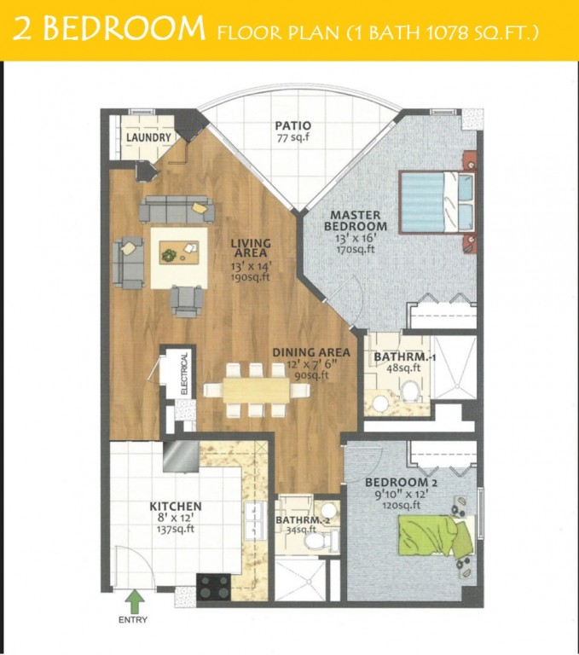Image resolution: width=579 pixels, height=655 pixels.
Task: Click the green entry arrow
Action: pos(136,602)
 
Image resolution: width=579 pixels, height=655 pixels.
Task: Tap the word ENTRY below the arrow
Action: pos(133,620)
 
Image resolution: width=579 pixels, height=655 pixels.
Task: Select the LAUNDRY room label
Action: pos(148,137)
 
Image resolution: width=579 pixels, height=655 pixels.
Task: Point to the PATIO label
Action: pos(292,125)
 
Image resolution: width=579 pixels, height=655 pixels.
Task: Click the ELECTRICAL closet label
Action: pos(184,374)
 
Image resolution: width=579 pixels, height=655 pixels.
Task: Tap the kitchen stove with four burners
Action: pos(213,587)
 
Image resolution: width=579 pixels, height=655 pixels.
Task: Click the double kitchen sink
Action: pos(255,520)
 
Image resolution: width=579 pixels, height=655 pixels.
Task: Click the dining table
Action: pos(257,390)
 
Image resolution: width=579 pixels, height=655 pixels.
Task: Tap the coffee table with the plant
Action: pos(179,252)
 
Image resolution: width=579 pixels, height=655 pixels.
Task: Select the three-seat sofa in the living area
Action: pos(177,209)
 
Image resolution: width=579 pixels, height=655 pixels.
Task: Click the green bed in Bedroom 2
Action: pos(436,536)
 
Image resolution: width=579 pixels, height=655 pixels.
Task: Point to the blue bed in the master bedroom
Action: pos(437,201)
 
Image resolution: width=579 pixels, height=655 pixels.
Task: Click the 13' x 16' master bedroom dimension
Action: pos(356,239)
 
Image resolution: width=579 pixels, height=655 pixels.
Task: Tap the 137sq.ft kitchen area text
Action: pos(176,529)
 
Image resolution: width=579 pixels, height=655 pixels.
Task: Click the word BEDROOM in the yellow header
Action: pos(124,28)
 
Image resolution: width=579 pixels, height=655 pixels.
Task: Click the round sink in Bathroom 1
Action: pos(380,404)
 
